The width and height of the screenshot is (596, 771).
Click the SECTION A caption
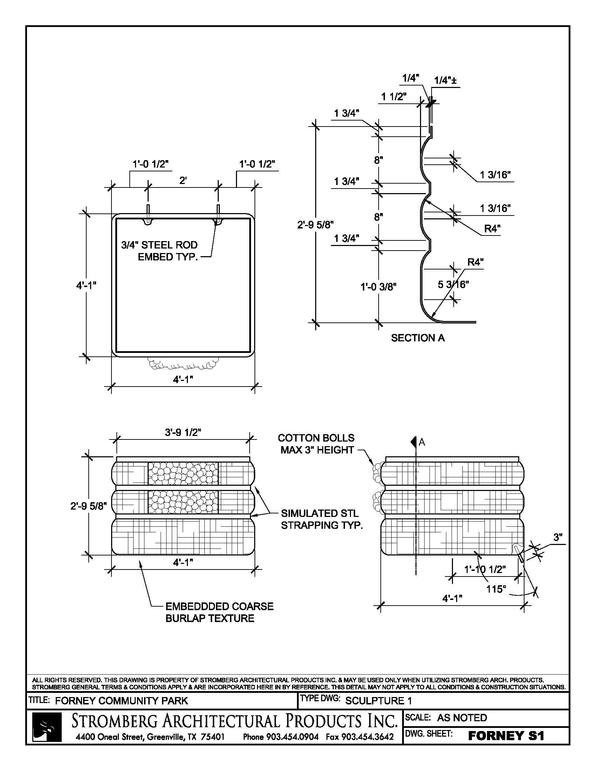418,338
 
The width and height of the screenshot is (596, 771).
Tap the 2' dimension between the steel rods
183,180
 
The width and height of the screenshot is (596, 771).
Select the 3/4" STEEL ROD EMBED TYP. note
160,251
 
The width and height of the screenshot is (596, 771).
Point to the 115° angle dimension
496,589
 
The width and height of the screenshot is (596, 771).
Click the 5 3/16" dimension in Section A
453,284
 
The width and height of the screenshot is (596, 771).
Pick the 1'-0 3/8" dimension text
378,287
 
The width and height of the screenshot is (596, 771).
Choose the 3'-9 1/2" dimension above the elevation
183,432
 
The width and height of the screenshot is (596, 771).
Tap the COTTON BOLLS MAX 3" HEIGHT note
316,444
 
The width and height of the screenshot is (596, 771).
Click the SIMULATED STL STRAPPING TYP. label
321,519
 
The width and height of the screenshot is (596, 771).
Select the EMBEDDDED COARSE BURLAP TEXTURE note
219,612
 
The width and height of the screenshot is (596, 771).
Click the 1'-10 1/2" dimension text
485,569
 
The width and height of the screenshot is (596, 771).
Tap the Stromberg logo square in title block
47,726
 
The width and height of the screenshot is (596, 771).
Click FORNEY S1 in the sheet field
506,736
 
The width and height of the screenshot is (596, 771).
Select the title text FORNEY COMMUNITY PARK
121,701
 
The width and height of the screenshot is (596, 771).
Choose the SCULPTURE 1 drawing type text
379,701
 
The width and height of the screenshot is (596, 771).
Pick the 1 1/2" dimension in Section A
394,96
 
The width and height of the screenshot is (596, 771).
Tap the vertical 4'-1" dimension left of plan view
86,285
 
